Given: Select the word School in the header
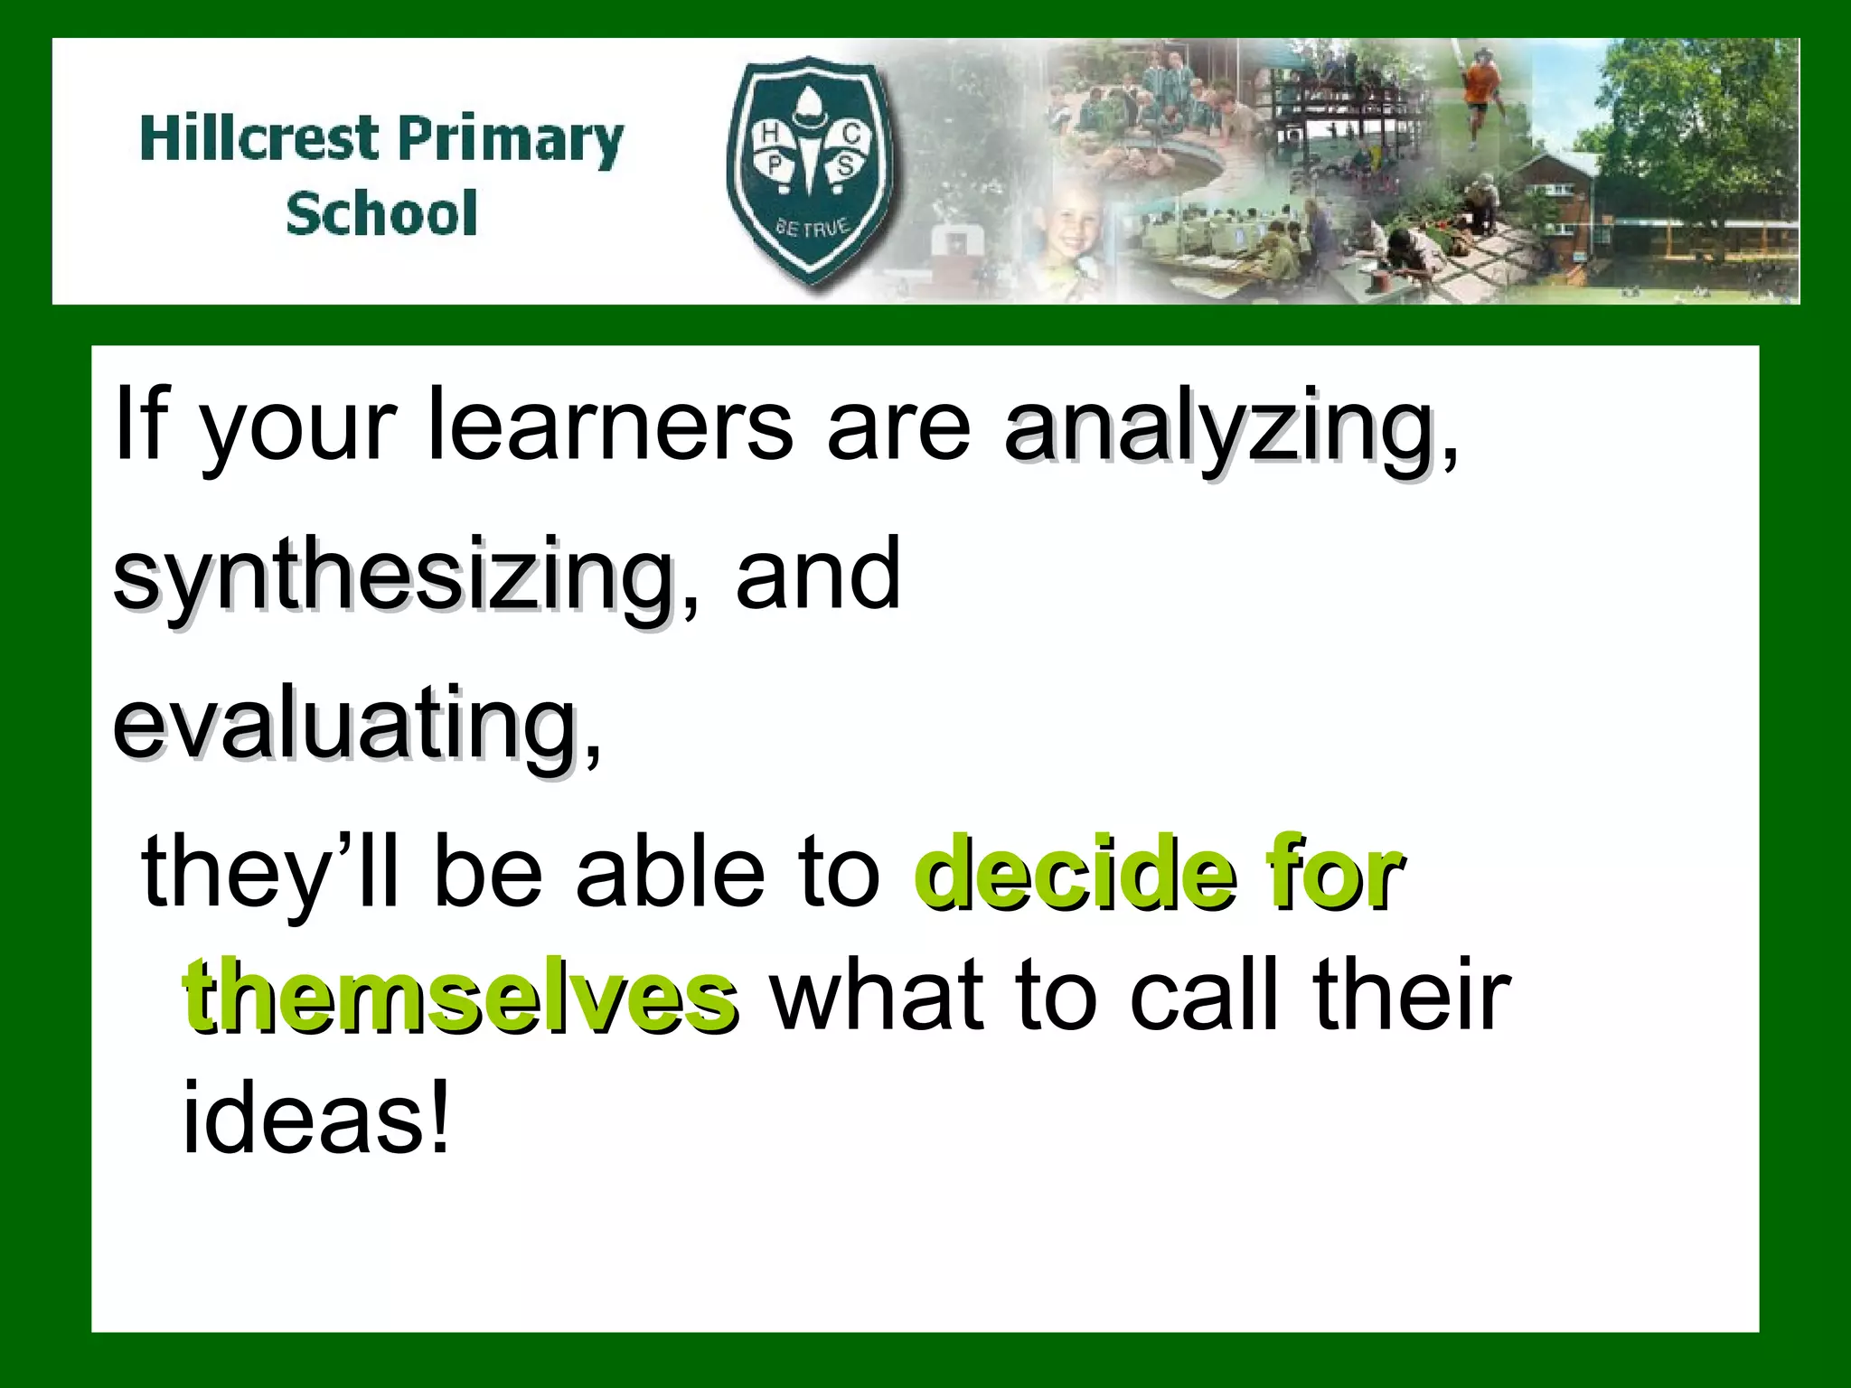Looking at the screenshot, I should click(381, 213).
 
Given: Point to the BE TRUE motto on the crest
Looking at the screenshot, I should click(813, 226).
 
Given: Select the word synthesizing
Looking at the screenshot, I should click(393, 576).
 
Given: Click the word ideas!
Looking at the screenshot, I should click(315, 1120).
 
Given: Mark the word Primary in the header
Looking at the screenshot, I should click(511, 140).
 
